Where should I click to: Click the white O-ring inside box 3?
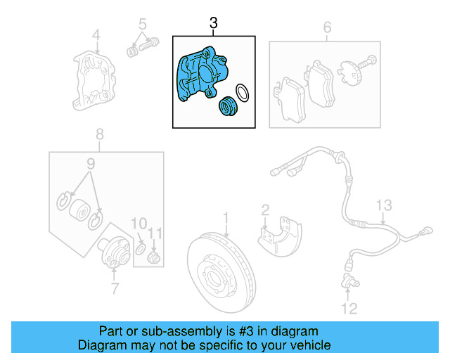point(241,93)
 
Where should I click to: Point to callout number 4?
point(97,34)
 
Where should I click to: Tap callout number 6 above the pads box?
point(326,28)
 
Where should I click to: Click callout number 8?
point(100,134)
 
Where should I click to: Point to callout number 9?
point(90,165)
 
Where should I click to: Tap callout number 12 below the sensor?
point(349,307)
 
